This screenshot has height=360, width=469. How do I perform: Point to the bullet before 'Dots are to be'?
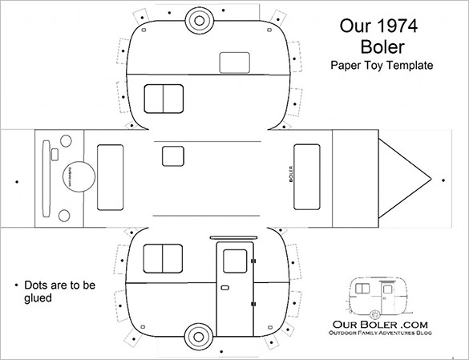click(x=16, y=285)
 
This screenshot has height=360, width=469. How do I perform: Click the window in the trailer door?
click(x=235, y=260)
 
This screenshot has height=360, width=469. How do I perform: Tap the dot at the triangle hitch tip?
click(x=435, y=179)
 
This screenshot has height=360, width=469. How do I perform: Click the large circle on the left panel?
click(x=74, y=172)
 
